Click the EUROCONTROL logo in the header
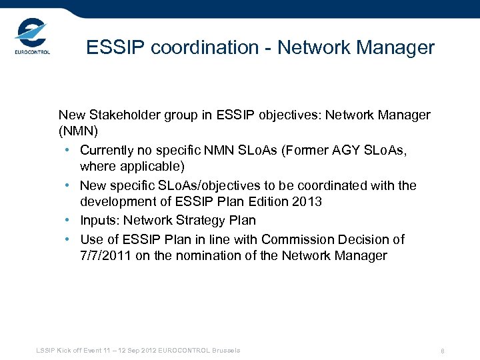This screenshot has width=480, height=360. click(x=31, y=39)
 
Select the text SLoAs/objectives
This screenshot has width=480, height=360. click(x=194, y=185)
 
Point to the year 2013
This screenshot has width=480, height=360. click(x=307, y=201)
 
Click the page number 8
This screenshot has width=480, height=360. click(x=442, y=351)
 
